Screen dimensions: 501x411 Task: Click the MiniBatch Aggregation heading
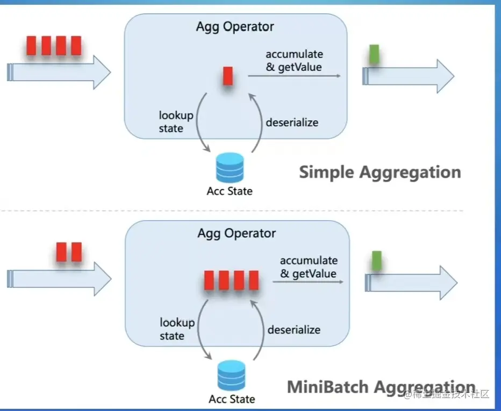click(x=381, y=387)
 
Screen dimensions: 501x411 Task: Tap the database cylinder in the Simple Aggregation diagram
click(x=230, y=167)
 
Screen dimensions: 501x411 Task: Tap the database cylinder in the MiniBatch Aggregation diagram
click(x=232, y=375)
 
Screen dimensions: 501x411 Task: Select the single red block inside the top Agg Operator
click(x=228, y=76)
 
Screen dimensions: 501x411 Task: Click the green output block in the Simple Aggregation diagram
click(x=374, y=54)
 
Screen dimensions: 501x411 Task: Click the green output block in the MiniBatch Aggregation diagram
click(x=377, y=260)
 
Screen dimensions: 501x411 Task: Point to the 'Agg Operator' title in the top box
click(x=235, y=26)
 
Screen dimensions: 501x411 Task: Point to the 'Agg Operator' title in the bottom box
click(x=237, y=233)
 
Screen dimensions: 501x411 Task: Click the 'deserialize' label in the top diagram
click(x=292, y=122)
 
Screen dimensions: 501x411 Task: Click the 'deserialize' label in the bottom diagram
click(x=294, y=329)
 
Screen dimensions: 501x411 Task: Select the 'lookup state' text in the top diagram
click(x=176, y=121)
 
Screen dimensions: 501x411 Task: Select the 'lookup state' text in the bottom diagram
click(x=177, y=329)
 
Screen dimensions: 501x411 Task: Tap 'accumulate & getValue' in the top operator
click(x=294, y=61)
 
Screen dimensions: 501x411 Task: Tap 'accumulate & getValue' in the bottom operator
click(x=309, y=267)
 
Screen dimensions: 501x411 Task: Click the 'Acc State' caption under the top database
click(x=230, y=191)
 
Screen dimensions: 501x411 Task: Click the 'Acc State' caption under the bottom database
click(x=232, y=399)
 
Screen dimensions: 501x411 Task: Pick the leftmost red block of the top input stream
click(x=31, y=46)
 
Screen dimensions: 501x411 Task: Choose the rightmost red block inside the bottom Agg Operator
click(x=254, y=280)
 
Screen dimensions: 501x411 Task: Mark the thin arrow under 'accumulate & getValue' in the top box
click(x=294, y=76)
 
